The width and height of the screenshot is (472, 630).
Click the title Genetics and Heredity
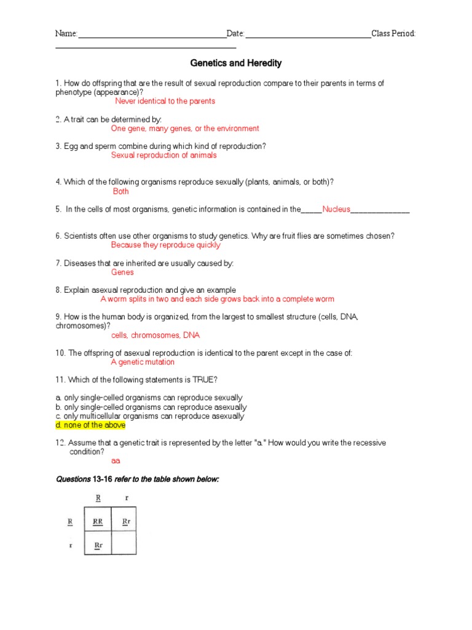(236, 63)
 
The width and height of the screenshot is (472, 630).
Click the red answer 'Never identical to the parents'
(165, 101)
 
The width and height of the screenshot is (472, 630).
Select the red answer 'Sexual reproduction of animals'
(163, 156)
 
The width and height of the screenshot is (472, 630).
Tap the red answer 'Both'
(121, 191)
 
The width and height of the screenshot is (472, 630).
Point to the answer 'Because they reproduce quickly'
(165, 245)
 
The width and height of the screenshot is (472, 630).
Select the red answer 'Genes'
(122, 272)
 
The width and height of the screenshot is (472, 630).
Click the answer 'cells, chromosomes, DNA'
(155, 335)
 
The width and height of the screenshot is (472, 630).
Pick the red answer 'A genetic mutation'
(143, 362)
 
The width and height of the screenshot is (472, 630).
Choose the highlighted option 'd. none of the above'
(90, 425)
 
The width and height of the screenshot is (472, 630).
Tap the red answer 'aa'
(116, 460)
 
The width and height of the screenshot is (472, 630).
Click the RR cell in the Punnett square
(98, 522)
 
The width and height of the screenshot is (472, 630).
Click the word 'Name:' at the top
(66, 33)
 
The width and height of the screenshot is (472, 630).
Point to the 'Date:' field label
(235, 33)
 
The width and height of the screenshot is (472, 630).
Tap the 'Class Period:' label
(393, 33)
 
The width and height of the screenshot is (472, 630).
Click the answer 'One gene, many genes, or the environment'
(185, 129)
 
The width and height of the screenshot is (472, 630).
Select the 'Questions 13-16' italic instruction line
(138, 479)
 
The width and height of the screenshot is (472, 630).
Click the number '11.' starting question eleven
(60, 380)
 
